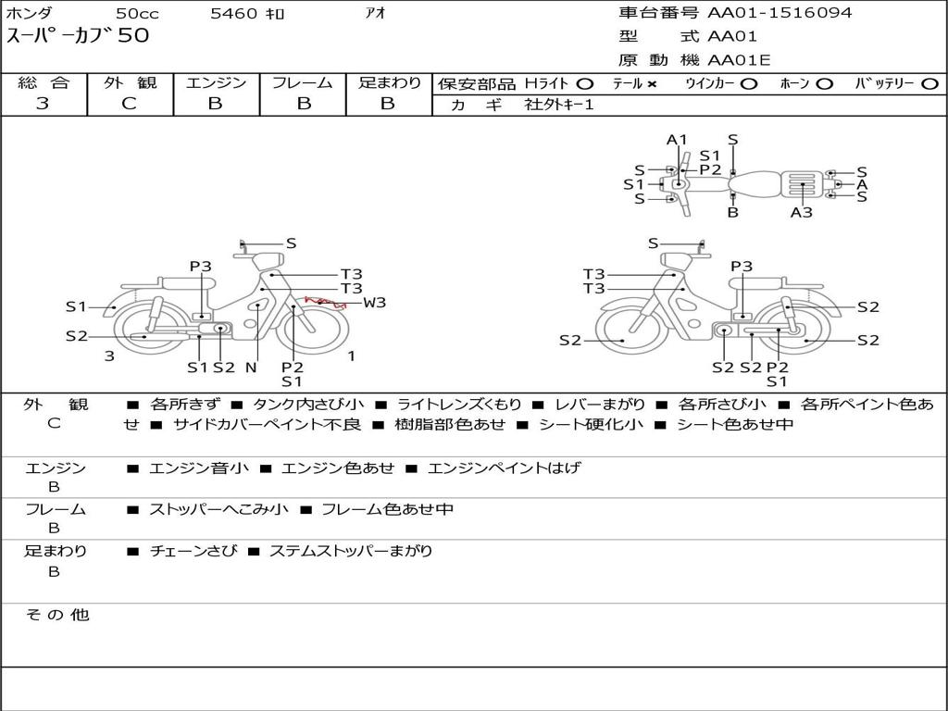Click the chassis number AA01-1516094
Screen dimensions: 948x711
click(x=780, y=13)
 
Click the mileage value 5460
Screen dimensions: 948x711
click(x=233, y=13)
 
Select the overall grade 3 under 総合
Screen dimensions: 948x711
click(x=43, y=104)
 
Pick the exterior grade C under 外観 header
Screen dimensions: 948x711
click(x=129, y=104)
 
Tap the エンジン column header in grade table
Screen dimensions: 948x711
click(x=216, y=82)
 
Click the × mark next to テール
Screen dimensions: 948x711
click(x=651, y=84)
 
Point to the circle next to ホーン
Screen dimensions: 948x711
click(x=824, y=84)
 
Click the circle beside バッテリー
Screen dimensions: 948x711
click(x=929, y=84)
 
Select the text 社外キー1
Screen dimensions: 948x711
click(x=559, y=105)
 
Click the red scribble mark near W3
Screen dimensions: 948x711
click(x=325, y=303)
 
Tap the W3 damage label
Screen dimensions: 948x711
click(x=374, y=303)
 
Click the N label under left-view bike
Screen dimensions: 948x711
click(x=251, y=367)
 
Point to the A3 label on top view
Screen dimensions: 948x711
click(x=801, y=212)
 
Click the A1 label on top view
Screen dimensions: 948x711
click(x=677, y=140)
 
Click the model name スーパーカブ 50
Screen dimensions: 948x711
click(x=78, y=35)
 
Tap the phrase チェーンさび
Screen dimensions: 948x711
click(x=193, y=551)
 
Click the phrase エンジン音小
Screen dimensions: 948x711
click(x=199, y=468)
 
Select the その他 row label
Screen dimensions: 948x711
click(x=56, y=615)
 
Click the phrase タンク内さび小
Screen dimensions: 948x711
click(x=308, y=404)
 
